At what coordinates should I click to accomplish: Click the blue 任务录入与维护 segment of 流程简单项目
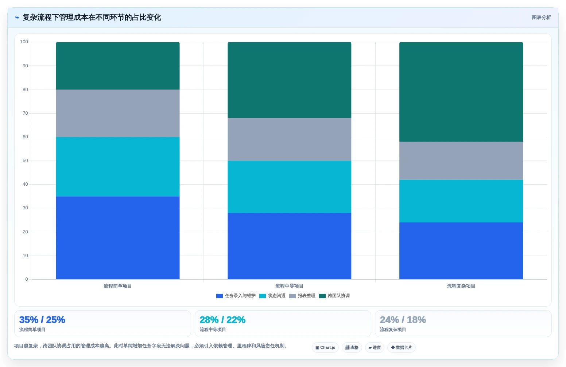tap(118, 238)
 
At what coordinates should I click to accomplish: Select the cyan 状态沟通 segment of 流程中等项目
tap(289, 187)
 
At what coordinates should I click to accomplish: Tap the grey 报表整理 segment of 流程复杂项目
tap(461, 161)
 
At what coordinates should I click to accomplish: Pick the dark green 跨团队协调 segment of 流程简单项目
tap(118, 66)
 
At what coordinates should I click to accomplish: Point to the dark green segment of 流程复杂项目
tap(461, 92)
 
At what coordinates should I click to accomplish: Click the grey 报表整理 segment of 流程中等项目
tap(289, 139)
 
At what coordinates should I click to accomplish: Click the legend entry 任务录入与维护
tap(236, 296)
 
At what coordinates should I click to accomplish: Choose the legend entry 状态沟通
tap(272, 296)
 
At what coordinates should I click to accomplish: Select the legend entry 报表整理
tap(302, 296)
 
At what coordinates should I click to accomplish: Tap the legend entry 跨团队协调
tap(334, 296)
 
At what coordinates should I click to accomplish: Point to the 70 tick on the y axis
tap(25, 113)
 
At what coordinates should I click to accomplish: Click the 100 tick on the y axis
tap(24, 42)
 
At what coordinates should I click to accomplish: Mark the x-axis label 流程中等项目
tap(289, 286)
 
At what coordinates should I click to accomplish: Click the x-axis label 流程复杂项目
tap(461, 286)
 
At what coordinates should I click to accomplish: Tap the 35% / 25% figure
tap(42, 320)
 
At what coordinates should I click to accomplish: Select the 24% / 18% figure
tap(403, 320)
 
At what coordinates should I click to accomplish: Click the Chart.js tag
tap(325, 348)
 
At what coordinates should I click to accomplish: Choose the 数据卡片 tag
tap(401, 348)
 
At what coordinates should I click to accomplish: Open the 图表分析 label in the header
tap(541, 17)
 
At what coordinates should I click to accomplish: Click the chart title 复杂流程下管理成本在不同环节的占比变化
tap(92, 17)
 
